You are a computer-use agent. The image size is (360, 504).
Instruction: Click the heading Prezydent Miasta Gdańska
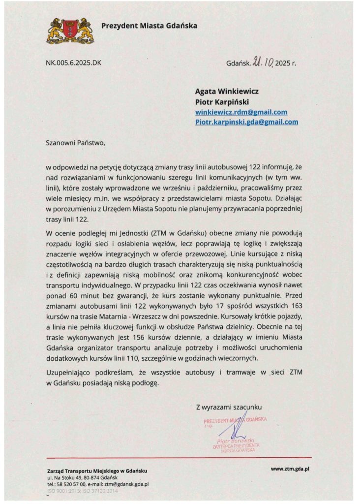149,26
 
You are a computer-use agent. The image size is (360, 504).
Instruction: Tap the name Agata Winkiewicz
227,91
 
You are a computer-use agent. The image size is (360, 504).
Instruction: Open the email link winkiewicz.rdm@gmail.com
241,112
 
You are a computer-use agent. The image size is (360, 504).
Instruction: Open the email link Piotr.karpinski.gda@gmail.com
247,122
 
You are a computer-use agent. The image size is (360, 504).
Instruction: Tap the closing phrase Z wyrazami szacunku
229,407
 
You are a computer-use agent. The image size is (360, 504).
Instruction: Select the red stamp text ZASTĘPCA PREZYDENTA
236,446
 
